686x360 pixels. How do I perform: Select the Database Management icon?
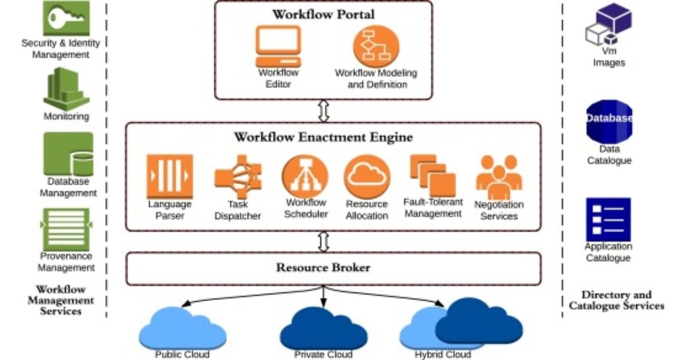(x=68, y=154)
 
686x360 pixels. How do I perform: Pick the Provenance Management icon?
(x=66, y=229)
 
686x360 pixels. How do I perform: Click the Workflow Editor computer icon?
(x=278, y=47)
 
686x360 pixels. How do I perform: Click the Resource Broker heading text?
(x=324, y=267)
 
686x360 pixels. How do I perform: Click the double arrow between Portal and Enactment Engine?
(x=324, y=110)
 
